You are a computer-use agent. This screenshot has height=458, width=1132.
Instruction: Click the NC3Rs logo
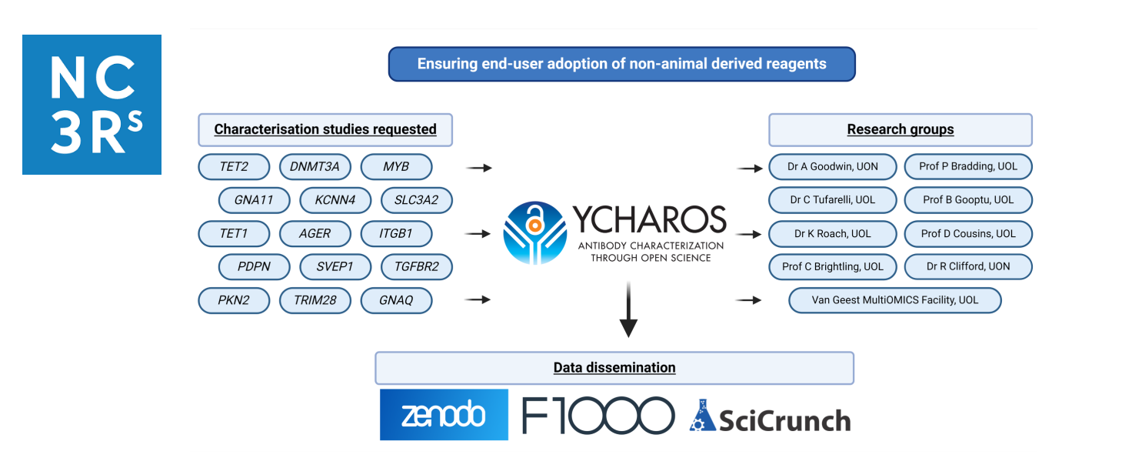tap(92, 105)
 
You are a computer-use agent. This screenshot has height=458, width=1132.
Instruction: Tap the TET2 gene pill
tap(234, 166)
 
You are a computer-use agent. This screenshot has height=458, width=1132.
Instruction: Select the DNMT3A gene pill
tap(315, 166)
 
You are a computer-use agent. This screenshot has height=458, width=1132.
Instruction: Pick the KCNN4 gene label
tap(335, 200)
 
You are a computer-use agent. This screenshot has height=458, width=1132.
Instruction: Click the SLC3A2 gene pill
tap(416, 200)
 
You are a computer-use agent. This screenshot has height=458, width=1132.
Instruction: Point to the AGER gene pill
tap(315, 233)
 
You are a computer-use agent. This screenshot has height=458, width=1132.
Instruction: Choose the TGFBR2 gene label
tap(416, 267)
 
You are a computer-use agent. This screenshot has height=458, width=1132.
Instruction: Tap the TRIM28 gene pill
tap(315, 300)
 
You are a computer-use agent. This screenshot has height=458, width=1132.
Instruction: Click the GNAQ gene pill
tap(396, 300)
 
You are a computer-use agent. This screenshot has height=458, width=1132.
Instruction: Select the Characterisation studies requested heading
tap(325, 129)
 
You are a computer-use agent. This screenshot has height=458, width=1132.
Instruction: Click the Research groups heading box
tap(901, 129)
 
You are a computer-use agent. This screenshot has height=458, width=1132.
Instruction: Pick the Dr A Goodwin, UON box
tap(832, 166)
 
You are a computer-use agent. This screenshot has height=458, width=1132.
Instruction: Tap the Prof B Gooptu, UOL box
tap(968, 199)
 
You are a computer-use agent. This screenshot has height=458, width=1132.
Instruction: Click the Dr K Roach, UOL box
tap(832, 233)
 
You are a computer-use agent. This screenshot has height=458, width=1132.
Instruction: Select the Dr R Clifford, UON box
tap(968, 266)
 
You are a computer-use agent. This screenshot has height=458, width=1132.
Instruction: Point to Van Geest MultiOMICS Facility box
tap(895, 299)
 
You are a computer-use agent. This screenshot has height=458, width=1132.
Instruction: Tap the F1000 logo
tap(598, 416)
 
